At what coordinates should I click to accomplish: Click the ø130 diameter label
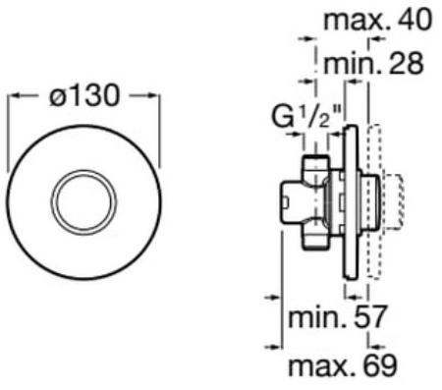point(84,95)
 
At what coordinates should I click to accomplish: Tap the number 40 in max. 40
point(414,20)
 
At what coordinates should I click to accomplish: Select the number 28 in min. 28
point(406,63)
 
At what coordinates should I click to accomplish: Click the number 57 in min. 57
point(369,317)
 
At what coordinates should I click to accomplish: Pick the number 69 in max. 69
point(380,364)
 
